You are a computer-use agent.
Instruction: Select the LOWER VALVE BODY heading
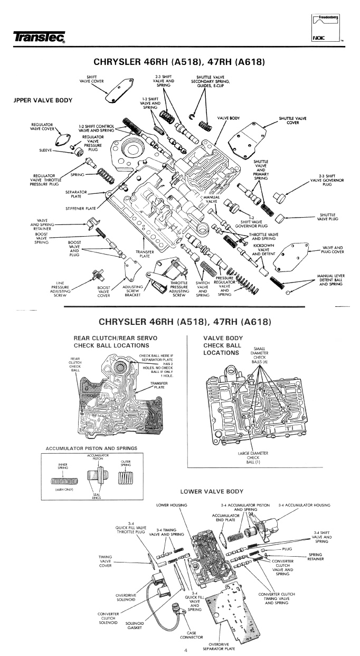click(212, 491)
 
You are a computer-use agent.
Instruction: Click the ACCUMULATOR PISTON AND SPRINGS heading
click(91, 448)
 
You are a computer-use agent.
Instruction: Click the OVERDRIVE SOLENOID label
click(128, 597)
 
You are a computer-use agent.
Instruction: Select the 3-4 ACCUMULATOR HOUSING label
click(304, 505)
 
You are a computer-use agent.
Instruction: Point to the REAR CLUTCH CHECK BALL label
click(75, 364)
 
